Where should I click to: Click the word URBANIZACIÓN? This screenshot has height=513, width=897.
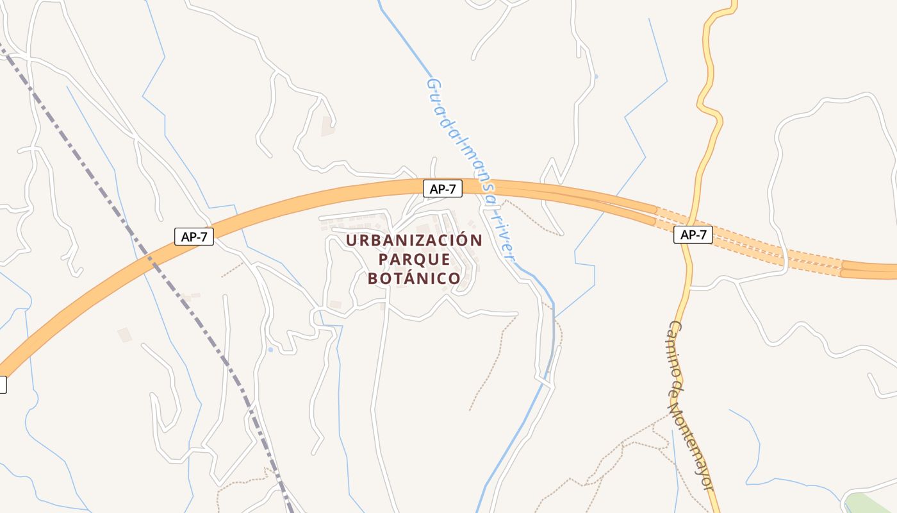pos(414,240)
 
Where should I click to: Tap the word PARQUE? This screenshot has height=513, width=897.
pos(414,260)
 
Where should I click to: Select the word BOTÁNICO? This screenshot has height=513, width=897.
pos(414,278)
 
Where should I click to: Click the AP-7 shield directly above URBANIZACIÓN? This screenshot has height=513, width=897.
pos(443,189)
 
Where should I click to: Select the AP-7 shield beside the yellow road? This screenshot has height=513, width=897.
pos(693,235)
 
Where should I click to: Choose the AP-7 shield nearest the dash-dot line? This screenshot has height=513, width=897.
pos(194,236)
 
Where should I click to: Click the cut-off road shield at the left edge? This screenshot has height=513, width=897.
pos(3,385)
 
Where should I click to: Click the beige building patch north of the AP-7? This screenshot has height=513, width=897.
pos(328,126)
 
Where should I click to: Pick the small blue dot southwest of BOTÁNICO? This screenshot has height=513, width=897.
pos(270,349)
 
